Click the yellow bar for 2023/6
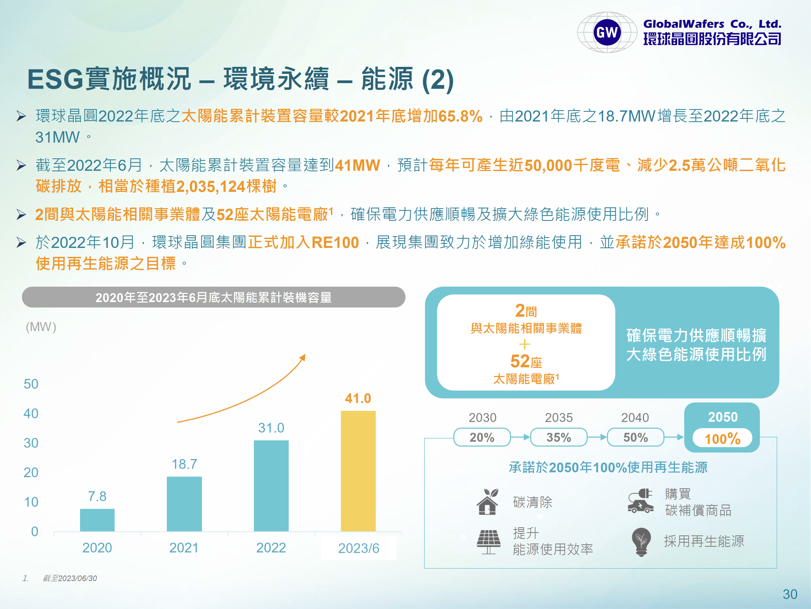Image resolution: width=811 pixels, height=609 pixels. click(x=358, y=471)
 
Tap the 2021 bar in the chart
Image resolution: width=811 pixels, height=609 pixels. click(x=184, y=504)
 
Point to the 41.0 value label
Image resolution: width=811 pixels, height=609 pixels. click(x=358, y=398)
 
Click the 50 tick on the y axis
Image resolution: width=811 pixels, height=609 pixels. click(x=31, y=384)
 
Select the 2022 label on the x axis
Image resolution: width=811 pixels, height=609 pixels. click(x=271, y=548)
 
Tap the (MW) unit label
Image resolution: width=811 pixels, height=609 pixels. click(x=41, y=327)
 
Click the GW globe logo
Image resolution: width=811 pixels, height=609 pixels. click(x=607, y=32)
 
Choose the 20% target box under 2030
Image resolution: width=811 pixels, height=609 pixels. click(x=482, y=437)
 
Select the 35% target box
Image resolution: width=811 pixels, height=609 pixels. click(x=559, y=437)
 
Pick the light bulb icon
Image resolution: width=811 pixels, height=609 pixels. click(x=641, y=542)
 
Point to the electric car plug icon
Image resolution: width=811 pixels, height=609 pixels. click(x=640, y=501)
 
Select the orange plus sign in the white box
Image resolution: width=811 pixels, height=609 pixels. click(x=525, y=344)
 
